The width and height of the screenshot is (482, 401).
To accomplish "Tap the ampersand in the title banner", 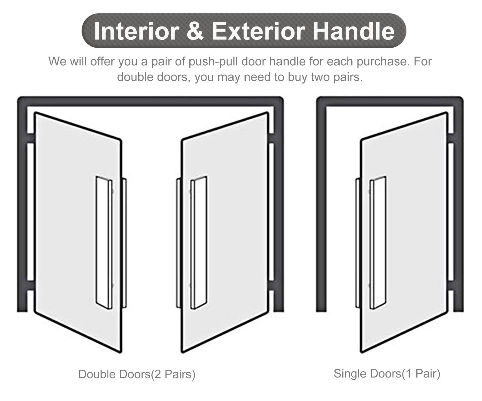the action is (195, 31).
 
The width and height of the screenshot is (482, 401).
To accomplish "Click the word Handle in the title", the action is (353, 31).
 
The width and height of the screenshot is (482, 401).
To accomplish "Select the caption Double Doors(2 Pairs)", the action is (137, 374).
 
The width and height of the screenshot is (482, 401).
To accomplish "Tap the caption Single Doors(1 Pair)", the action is (387, 374).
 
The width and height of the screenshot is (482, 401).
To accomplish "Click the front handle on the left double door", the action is (104, 243).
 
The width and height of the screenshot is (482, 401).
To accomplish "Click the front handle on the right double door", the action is (198, 243).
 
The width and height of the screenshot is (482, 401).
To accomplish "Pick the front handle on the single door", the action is (378, 243).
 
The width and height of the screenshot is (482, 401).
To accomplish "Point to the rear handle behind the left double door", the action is (124, 243).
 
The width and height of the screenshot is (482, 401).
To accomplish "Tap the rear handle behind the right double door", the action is (178, 243).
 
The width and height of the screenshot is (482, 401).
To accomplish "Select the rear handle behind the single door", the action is (358, 243).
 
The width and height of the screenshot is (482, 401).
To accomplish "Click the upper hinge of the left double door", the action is (30, 138).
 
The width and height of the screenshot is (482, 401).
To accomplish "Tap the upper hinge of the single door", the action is (451, 138).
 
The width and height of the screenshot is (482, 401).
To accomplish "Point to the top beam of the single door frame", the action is (390, 101).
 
